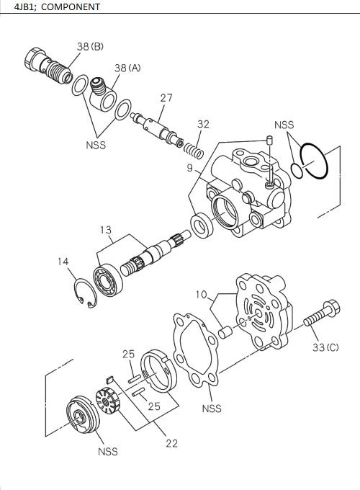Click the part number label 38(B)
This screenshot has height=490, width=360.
[90, 47]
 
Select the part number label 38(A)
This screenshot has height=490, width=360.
[127, 68]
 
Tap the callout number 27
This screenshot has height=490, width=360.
[166, 97]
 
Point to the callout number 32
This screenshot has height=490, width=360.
[203, 124]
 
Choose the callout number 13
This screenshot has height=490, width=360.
[106, 230]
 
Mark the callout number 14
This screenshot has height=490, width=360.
[64, 262]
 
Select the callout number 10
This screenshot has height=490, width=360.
[202, 294]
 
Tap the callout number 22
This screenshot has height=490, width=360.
[171, 443]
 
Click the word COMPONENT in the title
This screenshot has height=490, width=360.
[67, 7]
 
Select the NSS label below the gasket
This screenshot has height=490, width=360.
[212, 409]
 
